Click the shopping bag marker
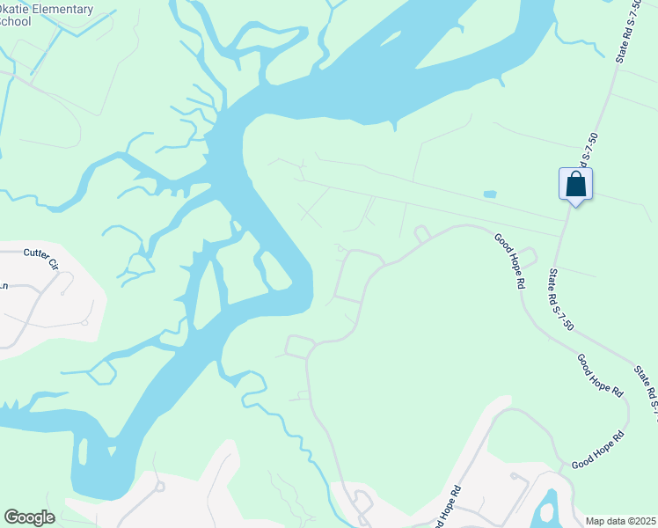pos(575,185)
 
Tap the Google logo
pos(29,517)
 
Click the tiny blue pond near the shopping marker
pos(490,194)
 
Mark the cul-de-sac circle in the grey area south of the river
pos(159,485)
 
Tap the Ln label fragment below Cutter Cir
pos(4,285)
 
